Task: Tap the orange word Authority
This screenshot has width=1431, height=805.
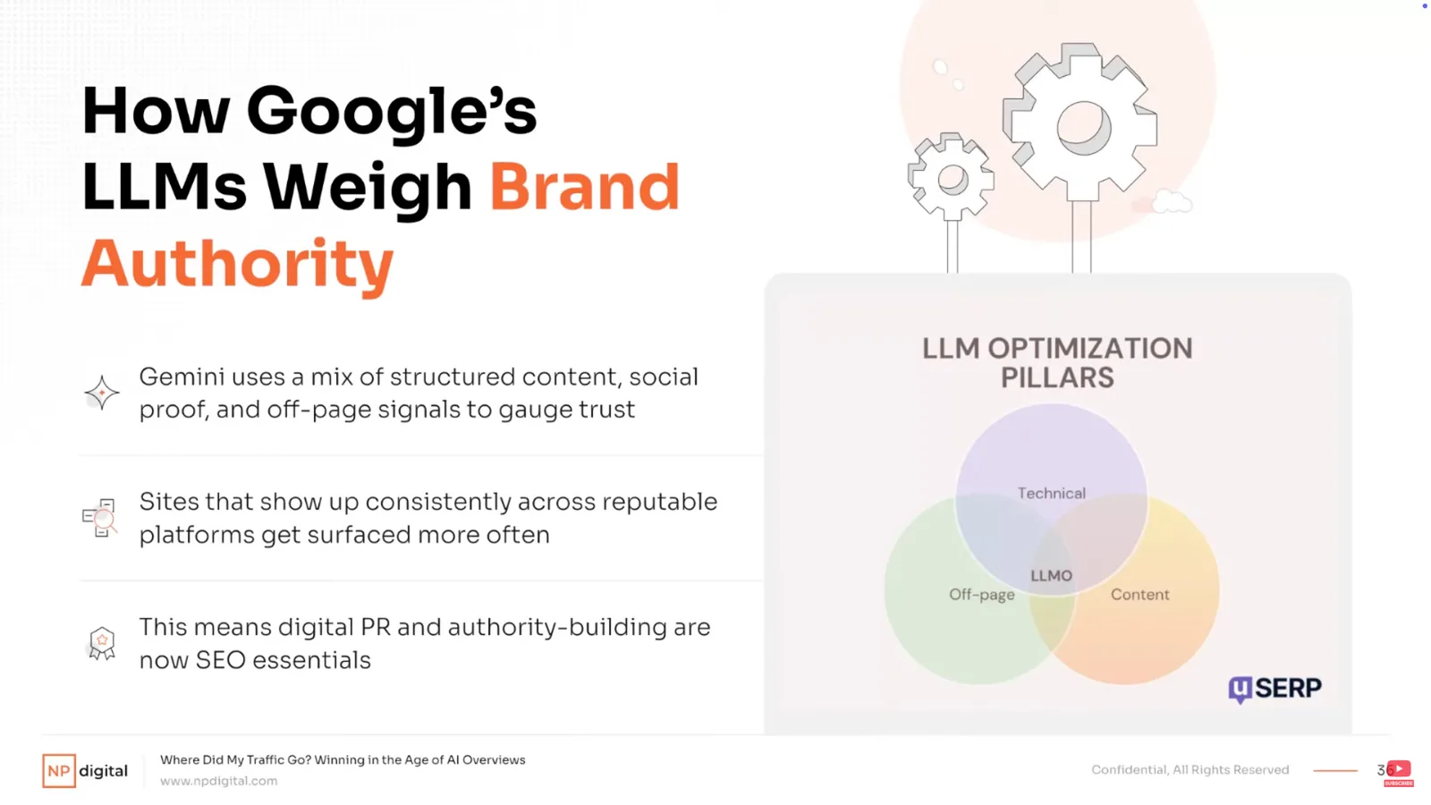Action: pos(237,265)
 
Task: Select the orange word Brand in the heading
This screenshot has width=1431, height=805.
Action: pos(584,187)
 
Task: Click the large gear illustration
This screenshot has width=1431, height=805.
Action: pos(1080,123)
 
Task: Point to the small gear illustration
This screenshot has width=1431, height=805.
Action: pos(951,178)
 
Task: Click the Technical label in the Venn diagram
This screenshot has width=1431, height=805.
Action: pos(1051,493)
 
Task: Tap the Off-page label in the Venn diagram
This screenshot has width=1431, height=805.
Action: pos(981,595)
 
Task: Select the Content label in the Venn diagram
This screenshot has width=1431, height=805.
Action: pos(1139,594)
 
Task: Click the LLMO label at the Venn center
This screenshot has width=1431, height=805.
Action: pos(1051,576)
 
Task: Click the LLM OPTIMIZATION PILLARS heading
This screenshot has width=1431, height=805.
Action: pos(1057,363)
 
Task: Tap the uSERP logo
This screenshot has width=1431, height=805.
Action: pos(1274,689)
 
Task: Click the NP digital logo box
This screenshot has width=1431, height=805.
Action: pos(59,770)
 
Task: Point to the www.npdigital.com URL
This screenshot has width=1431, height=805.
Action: pos(218,781)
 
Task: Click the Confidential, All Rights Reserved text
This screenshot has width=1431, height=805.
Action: pos(1190,770)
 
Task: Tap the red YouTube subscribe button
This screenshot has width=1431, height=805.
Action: pos(1399,772)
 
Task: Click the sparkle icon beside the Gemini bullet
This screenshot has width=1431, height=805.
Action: pos(102,393)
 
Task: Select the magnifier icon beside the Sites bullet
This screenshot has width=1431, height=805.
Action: pos(100,518)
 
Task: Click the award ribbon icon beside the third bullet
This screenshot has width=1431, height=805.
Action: pos(102,643)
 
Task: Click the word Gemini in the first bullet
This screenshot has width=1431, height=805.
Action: pos(182,377)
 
